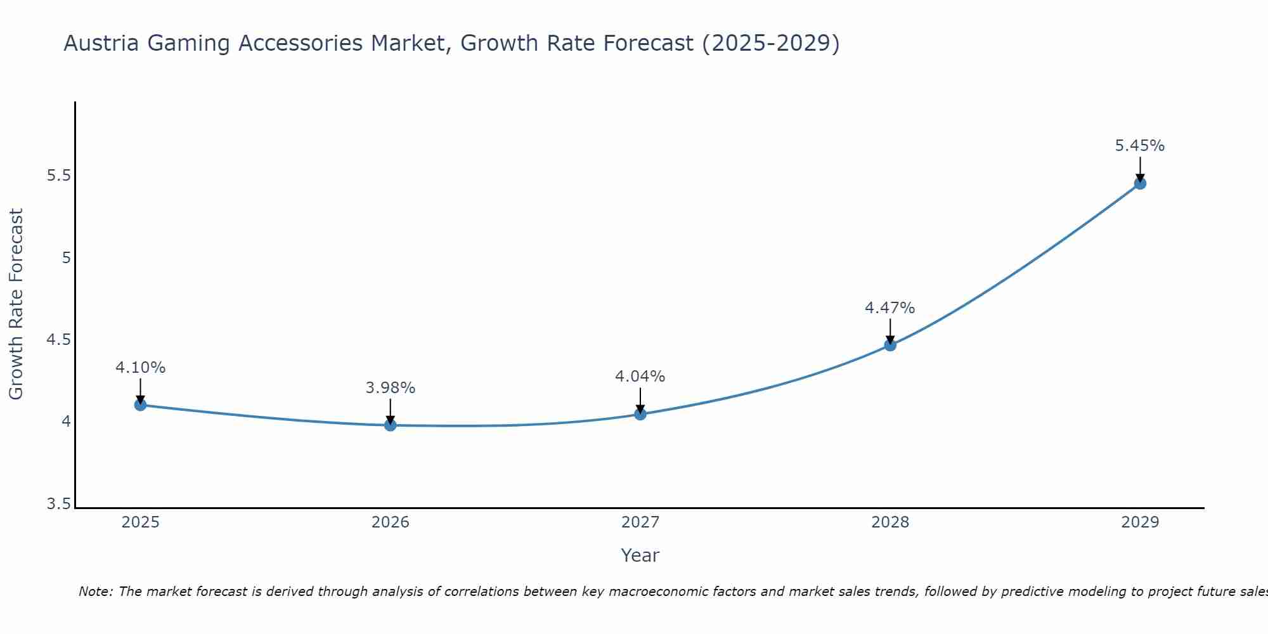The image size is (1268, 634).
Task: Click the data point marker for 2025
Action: [x=140, y=404]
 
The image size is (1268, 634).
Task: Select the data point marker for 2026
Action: [x=391, y=425]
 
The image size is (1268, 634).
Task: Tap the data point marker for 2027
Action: [x=640, y=414]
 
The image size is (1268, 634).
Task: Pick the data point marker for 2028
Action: [x=890, y=345]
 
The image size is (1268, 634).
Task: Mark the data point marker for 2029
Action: [x=1140, y=183]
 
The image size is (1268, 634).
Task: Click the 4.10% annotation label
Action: [x=140, y=368]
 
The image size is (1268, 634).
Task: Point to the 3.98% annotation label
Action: [x=391, y=388]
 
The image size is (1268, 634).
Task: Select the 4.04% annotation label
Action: [x=640, y=377]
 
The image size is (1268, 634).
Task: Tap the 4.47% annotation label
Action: [x=890, y=308]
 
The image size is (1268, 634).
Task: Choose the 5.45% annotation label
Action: [x=1140, y=146]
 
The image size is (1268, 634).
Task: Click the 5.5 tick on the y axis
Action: [x=58, y=176]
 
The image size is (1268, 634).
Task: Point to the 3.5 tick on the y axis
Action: [x=58, y=504]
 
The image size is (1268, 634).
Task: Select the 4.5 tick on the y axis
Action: [x=58, y=340]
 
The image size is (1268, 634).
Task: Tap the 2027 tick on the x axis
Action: [x=640, y=522]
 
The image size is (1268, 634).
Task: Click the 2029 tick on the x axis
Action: [x=1140, y=522]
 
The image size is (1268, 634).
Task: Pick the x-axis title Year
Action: [x=640, y=555]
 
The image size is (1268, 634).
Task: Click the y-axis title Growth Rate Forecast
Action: [x=16, y=304]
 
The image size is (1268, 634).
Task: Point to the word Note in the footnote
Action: [x=95, y=592]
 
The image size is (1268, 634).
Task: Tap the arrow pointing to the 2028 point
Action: [x=890, y=331]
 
